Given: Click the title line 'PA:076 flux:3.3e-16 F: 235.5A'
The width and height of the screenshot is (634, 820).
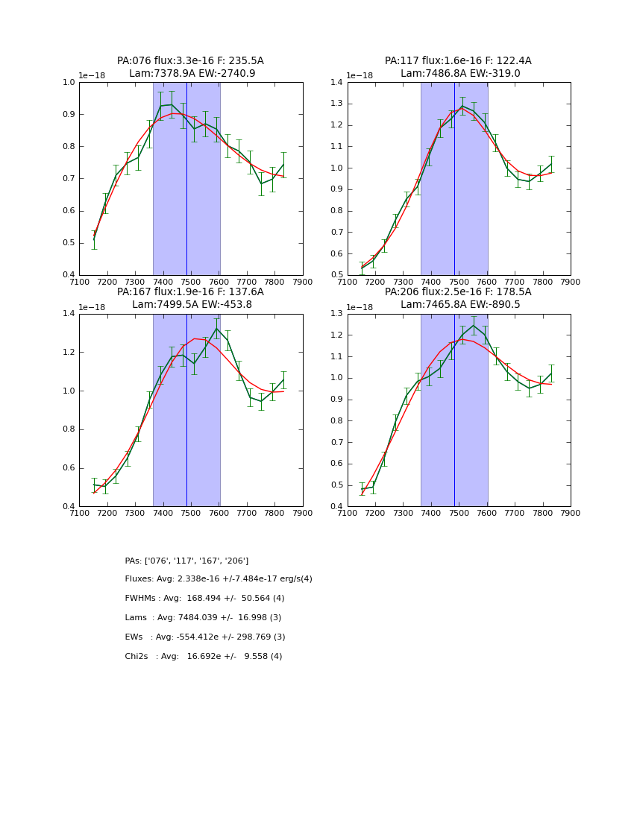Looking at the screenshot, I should pos(190,61).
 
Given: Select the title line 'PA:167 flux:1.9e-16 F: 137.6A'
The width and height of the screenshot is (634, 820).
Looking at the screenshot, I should pos(190,292).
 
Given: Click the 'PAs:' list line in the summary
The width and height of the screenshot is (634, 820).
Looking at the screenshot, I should pos(186,561).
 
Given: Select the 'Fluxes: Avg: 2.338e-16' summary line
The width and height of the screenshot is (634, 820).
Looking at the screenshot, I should pos(219,579).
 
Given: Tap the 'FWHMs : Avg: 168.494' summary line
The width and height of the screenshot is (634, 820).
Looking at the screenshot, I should pos(204,599).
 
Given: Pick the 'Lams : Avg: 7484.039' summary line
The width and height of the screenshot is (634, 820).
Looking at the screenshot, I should pos(203,618).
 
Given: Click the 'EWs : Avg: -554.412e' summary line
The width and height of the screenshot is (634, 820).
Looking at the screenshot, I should pos(205,637).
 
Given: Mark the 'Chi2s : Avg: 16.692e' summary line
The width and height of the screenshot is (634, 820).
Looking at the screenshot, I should pos(204,657).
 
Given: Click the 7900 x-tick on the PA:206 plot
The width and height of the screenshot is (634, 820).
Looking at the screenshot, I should pos(571,513).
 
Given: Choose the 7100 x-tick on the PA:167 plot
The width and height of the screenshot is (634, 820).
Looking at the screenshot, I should pos(79,513).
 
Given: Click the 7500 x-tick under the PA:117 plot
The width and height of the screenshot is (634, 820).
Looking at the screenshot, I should pos(459,282).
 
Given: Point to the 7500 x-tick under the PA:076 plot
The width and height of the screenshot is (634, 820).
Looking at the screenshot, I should pos(191,282).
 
